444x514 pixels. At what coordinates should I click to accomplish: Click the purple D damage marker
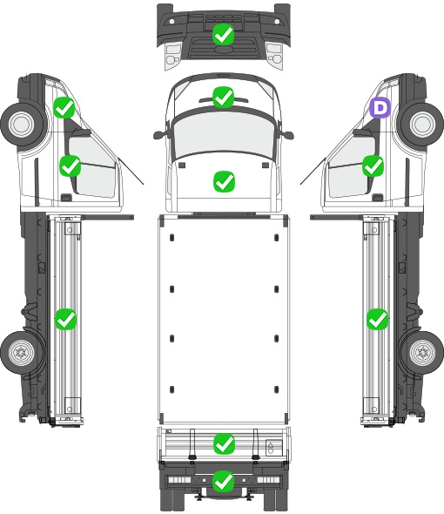click(x=380, y=107)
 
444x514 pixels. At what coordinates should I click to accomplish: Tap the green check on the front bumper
click(x=223, y=35)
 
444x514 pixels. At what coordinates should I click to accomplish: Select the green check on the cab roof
click(x=223, y=97)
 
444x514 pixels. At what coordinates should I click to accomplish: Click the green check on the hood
click(x=224, y=181)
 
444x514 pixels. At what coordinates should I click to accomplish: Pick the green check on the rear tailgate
click(x=224, y=444)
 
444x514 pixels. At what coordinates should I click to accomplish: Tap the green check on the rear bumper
click(x=224, y=481)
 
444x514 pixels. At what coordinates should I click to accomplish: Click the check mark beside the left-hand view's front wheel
click(x=64, y=107)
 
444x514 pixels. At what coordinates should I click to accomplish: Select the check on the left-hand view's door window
click(x=71, y=166)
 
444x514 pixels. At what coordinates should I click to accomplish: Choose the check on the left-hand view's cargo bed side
click(x=65, y=319)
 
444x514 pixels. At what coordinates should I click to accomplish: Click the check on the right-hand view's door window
click(x=373, y=166)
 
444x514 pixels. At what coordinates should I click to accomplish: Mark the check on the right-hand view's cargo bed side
click(x=378, y=319)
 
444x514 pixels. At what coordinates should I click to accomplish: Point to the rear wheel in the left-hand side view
click(x=22, y=353)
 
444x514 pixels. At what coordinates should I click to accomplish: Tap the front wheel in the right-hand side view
click(x=422, y=124)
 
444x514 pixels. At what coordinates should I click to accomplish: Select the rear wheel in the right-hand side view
click(x=423, y=353)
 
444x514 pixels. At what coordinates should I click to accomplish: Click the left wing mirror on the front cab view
click(x=159, y=135)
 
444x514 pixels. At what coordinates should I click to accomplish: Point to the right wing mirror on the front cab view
click(x=287, y=135)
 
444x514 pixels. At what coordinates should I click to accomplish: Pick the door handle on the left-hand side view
click(x=66, y=198)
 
